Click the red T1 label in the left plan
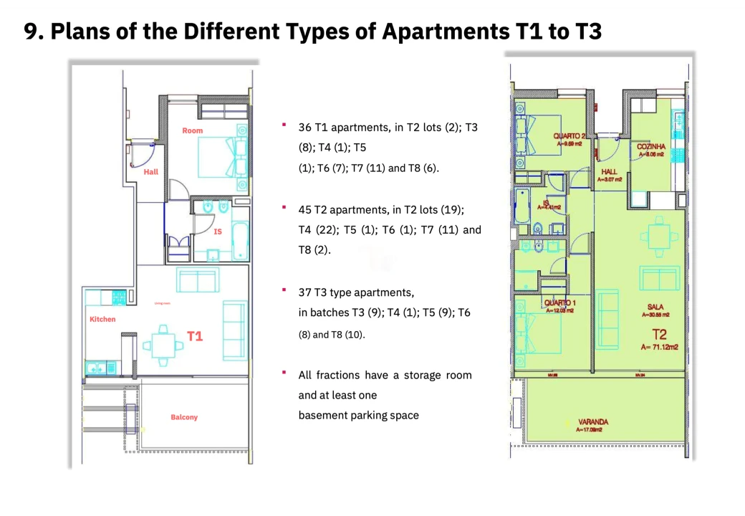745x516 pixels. (195, 335)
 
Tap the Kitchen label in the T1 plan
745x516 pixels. (102, 319)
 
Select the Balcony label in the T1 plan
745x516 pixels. (184, 417)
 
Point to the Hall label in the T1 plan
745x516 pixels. (151, 172)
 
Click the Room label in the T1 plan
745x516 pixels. (192, 130)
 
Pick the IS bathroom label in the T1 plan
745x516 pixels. (218, 231)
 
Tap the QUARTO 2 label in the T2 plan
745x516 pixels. (569, 136)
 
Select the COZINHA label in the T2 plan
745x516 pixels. (651, 147)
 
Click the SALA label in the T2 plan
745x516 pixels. (655, 307)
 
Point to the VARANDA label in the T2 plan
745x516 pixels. (592, 422)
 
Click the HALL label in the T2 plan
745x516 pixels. (610, 172)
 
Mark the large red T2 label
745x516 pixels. (659, 333)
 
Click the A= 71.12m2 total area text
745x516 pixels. (660, 347)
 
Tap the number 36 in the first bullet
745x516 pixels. (304, 128)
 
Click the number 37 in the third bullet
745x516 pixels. (304, 293)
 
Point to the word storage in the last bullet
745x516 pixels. (421, 375)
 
